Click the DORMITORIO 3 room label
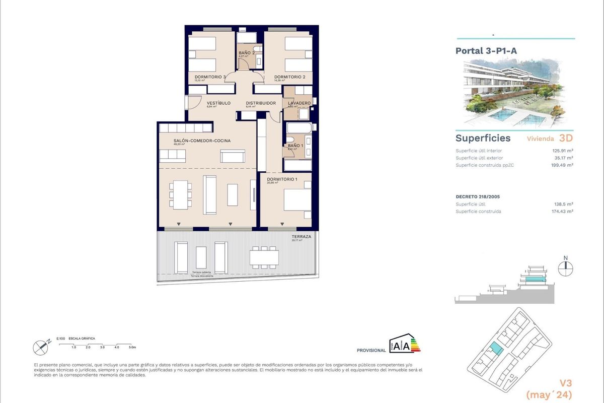tap(210, 77)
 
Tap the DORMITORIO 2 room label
tap(289, 77)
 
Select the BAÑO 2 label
tap(246, 53)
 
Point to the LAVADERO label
tap(299, 103)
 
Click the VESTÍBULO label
tap(218, 103)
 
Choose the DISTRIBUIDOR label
tap(260, 103)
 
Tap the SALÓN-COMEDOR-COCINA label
tap(202, 141)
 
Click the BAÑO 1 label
tap(295, 146)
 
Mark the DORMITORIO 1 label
tap(282, 179)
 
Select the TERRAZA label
tap(301, 236)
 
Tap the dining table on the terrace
tap(264, 257)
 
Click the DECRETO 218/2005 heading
tap(477, 196)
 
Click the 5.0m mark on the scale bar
tap(132, 347)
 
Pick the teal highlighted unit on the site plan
tap(496, 348)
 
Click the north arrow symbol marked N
tap(566, 267)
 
